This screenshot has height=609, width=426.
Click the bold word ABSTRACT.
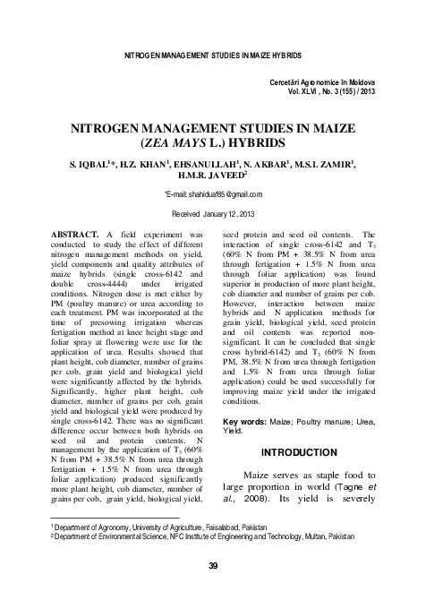click(78, 234)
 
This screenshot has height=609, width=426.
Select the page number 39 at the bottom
click(213, 565)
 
